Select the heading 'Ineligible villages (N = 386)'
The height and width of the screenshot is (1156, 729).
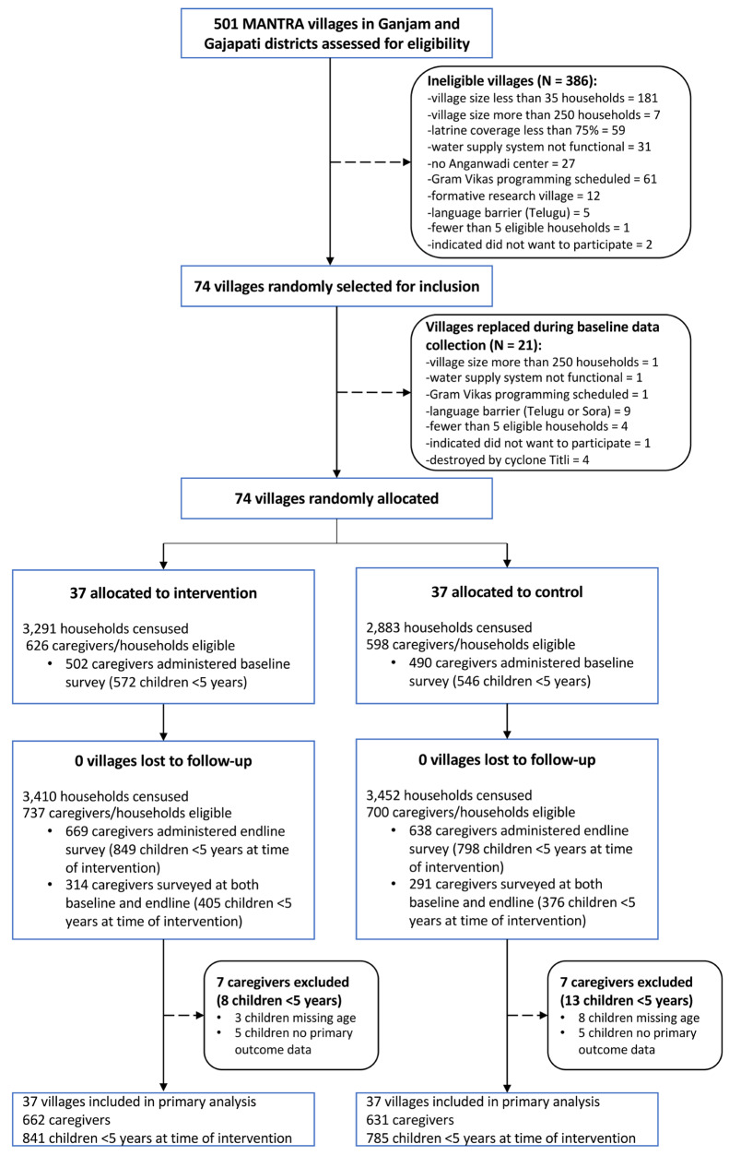click(511, 81)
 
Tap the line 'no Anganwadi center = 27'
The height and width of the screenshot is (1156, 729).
click(501, 163)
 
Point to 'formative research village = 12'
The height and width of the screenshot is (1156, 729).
click(513, 197)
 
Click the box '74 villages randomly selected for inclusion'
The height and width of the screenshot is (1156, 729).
click(336, 286)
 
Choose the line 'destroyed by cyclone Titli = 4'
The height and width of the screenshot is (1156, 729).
click(507, 459)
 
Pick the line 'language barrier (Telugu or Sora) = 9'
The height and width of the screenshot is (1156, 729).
click(528, 411)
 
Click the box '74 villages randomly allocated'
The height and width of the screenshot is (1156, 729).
click(336, 498)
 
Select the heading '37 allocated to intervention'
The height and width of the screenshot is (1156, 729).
click(163, 593)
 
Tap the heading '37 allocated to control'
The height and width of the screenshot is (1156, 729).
click(507, 592)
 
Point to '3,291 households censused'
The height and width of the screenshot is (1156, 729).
click(105, 628)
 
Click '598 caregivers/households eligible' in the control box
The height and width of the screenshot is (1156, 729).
click(471, 645)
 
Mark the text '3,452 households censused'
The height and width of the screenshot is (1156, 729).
click(449, 795)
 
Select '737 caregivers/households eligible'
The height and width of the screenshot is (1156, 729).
click(127, 813)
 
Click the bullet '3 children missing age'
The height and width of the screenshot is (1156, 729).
click(295, 1018)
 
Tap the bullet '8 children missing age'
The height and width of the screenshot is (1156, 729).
click(639, 1018)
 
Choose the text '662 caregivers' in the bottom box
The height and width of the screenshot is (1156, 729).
click(66, 1120)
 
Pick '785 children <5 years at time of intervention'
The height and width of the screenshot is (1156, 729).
click(501, 1138)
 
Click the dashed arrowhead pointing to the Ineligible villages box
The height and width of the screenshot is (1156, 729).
click(406, 162)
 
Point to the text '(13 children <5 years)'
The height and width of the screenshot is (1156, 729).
click(627, 1000)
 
